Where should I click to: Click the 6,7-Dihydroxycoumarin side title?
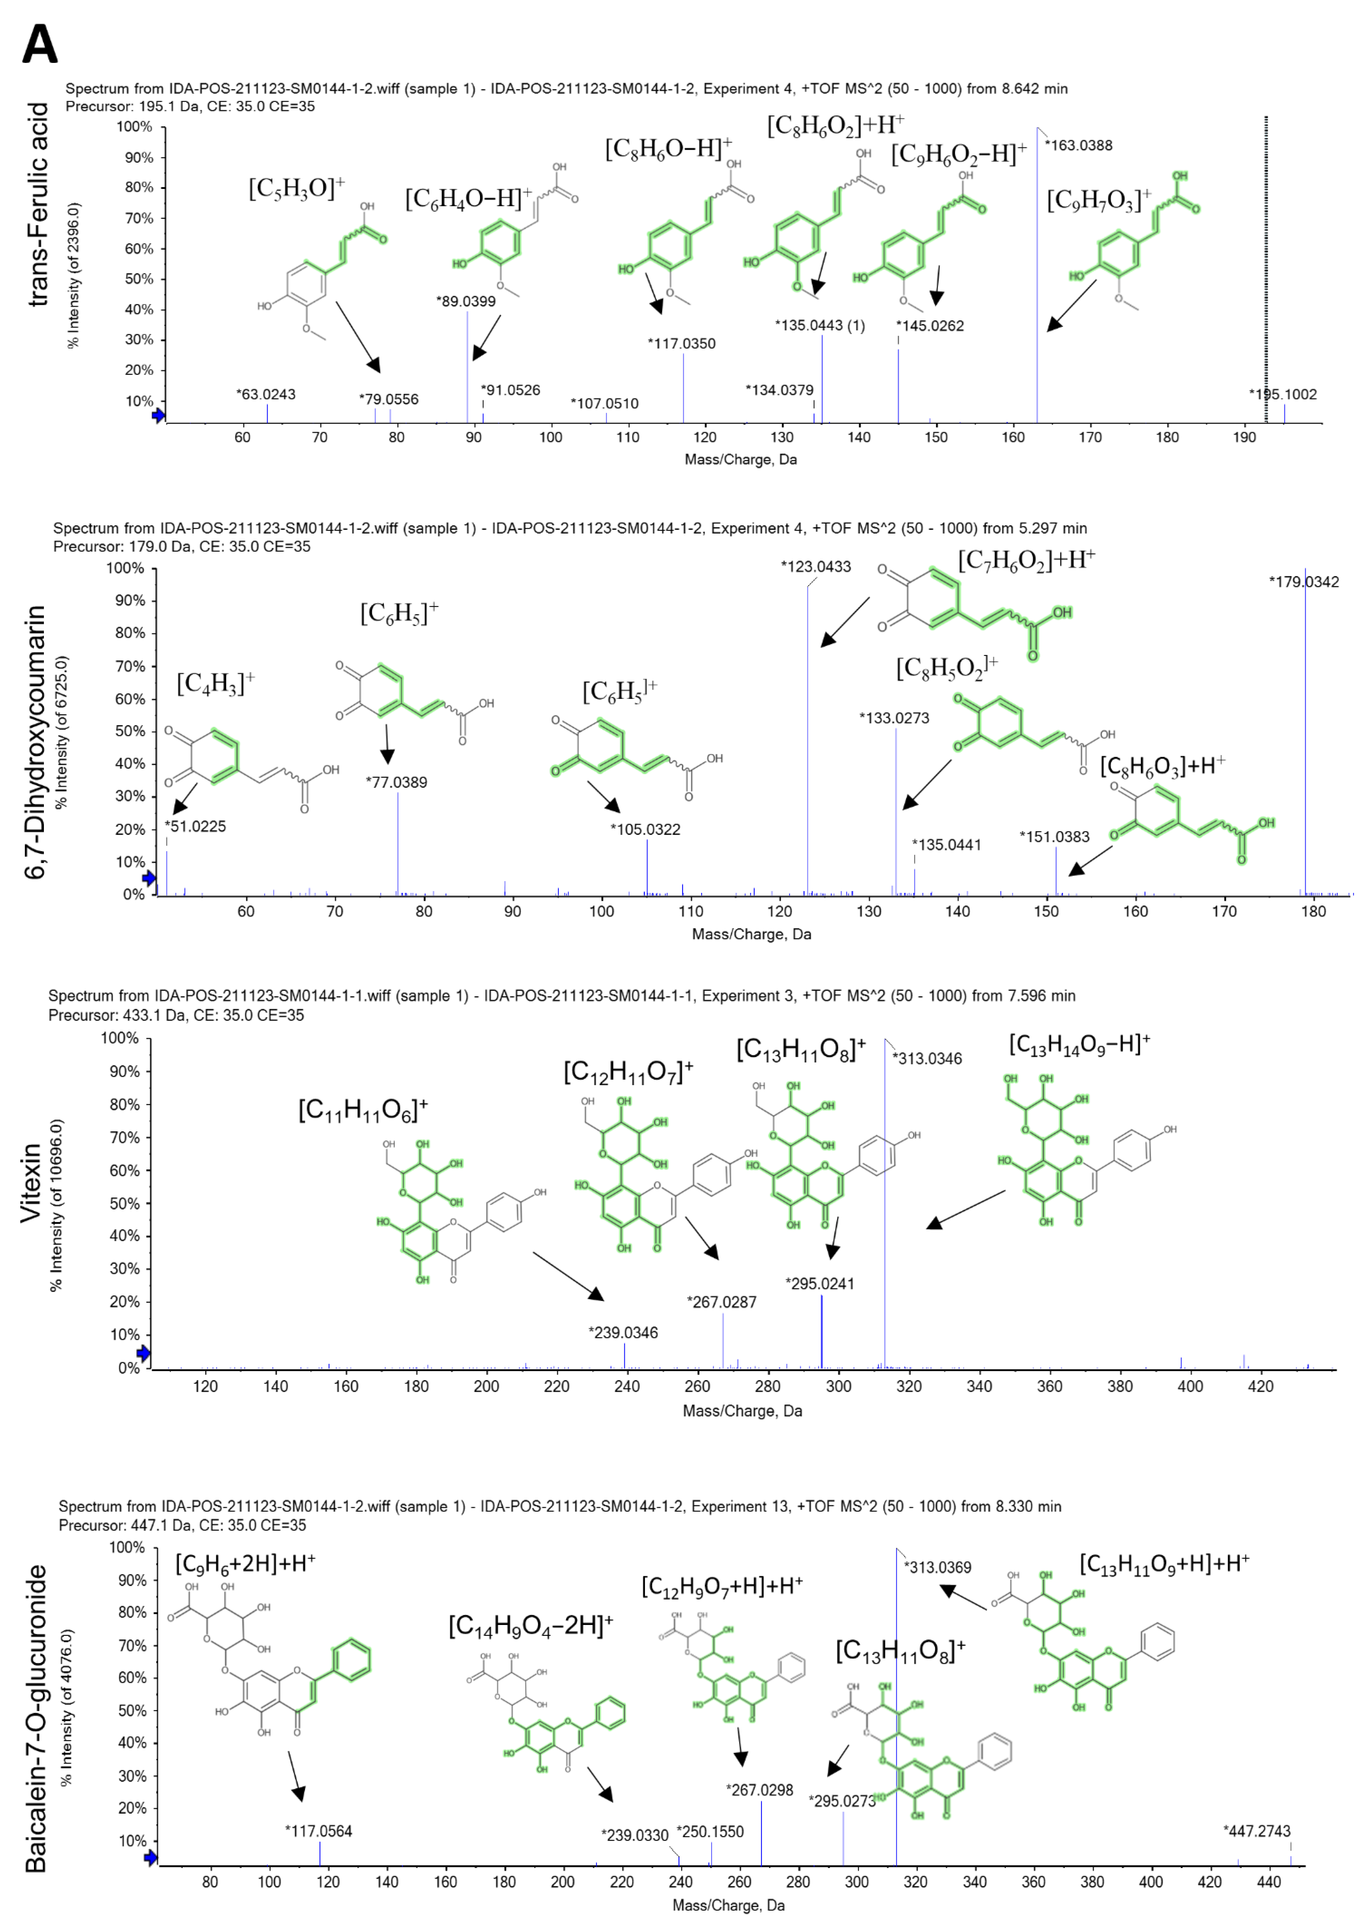tap(35, 742)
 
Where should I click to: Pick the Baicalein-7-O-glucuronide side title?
tap(35, 1719)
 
